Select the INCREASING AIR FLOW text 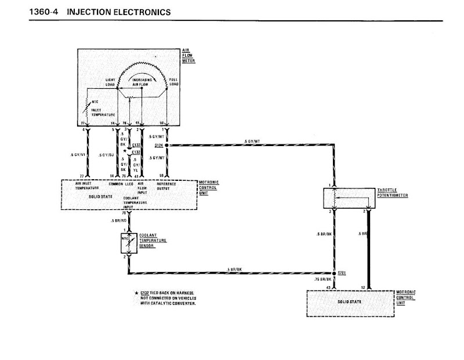click(x=143, y=82)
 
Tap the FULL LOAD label click(x=174, y=82)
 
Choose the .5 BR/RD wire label click(x=119, y=221)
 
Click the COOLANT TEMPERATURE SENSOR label click(x=153, y=242)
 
